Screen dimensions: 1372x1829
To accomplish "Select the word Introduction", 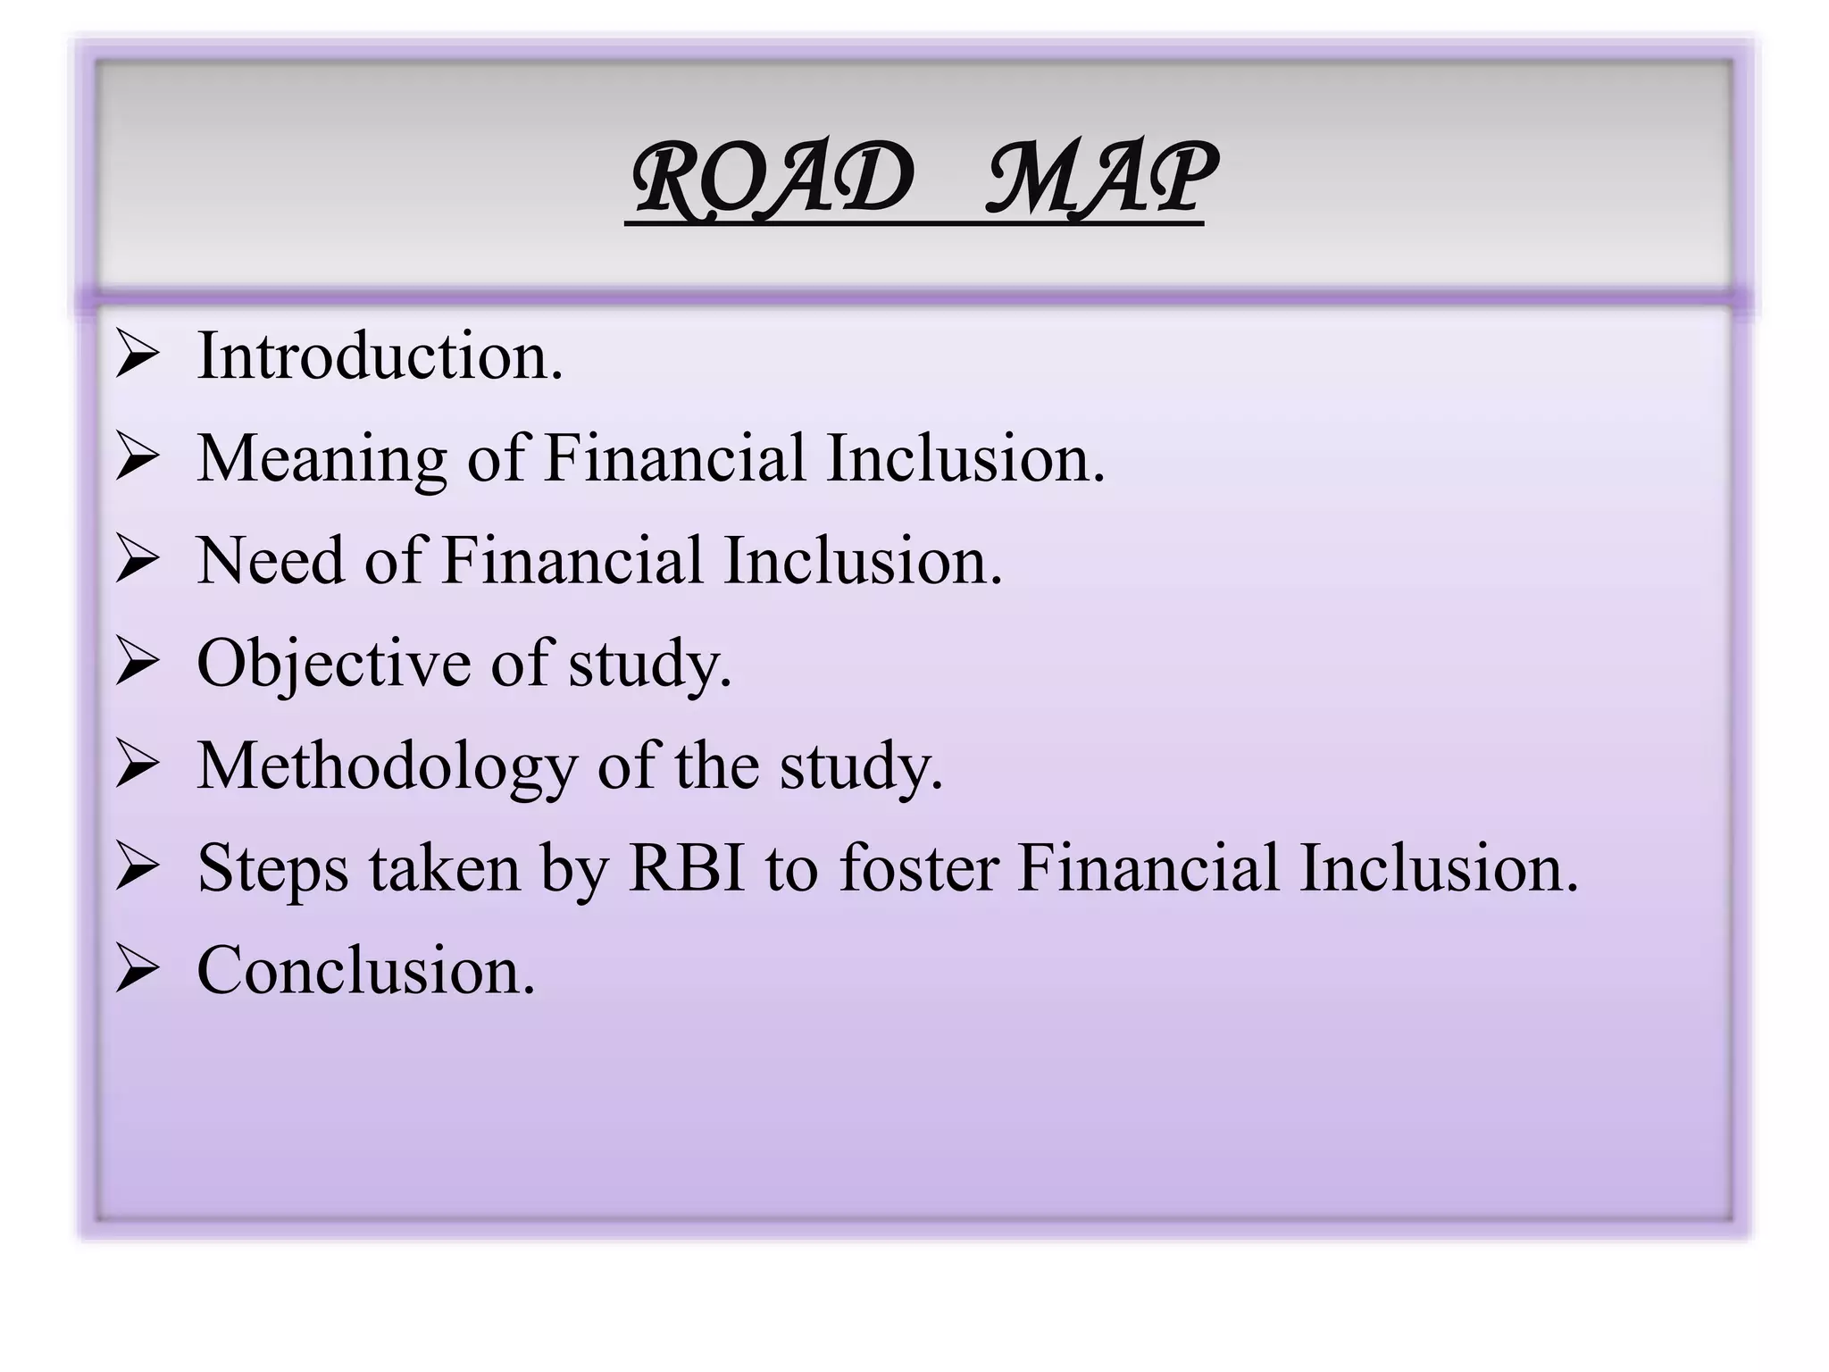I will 380,356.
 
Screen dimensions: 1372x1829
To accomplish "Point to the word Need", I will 271,561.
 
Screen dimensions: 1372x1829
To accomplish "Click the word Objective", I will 334,665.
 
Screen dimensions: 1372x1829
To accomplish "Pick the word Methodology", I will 387,766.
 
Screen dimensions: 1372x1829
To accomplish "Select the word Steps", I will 272,869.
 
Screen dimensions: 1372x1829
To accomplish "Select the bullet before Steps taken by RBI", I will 137,870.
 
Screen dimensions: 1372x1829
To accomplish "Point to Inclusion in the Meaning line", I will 965,458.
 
